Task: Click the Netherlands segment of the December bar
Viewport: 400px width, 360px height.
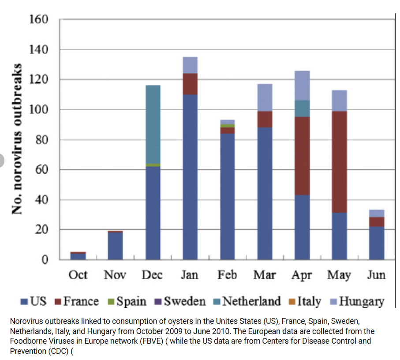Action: click(x=153, y=124)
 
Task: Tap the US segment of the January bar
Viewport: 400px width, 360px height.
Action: click(x=190, y=177)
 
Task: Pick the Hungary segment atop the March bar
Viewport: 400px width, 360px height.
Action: click(x=265, y=97)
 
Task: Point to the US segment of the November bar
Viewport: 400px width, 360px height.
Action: click(x=116, y=246)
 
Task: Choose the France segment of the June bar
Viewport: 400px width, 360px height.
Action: click(x=377, y=222)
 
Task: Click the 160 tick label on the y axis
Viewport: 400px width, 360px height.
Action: click(x=39, y=20)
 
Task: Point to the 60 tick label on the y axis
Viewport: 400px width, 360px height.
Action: click(x=42, y=170)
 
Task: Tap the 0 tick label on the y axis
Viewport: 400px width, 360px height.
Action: click(x=45, y=260)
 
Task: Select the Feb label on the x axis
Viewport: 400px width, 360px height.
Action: click(x=227, y=275)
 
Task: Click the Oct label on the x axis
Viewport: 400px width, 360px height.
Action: click(x=78, y=275)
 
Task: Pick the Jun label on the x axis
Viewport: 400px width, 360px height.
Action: click(x=376, y=275)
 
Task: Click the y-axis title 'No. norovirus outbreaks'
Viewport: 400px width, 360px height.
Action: click(x=17, y=139)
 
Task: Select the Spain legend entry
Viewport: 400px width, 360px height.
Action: click(x=127, y=302)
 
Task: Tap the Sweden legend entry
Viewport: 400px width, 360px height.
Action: click(x=180, y=302)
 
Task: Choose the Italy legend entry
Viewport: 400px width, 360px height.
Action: click(x=305, y=302)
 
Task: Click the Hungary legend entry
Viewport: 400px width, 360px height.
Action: click(x=357, y=302)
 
